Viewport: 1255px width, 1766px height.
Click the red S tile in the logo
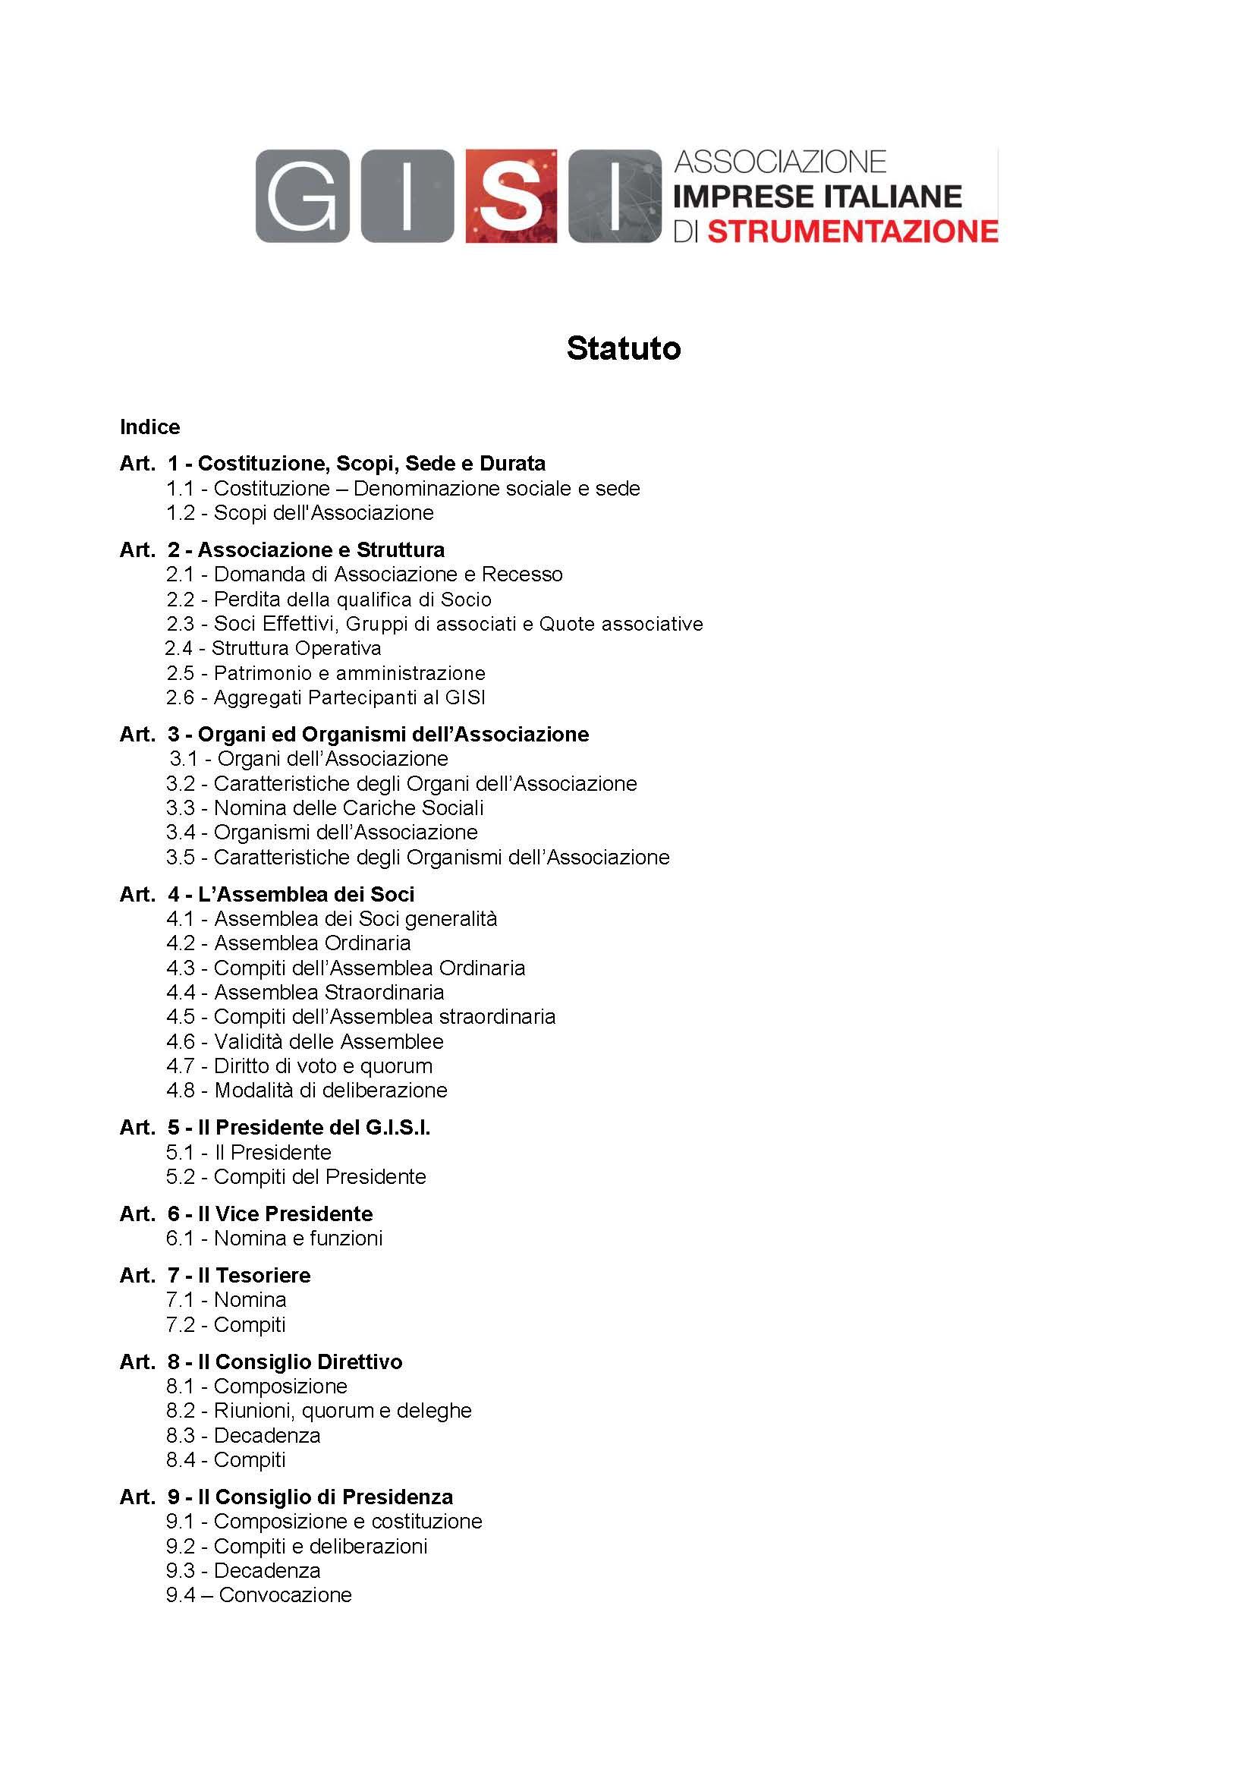[511, 197]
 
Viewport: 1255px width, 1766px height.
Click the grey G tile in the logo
[302, 197]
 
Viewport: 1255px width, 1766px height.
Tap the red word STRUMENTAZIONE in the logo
[852, 231]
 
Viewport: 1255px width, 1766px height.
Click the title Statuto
[624, 348]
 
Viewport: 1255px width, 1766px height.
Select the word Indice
[150, 427]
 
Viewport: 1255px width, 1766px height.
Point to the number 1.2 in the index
[181, 513]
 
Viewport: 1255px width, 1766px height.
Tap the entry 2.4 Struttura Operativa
[274, 648]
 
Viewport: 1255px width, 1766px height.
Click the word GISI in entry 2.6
[465, 698]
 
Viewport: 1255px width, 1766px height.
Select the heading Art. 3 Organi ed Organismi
[354, 734]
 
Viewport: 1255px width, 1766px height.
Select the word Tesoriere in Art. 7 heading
[263, 1275]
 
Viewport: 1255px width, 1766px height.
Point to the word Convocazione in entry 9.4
[285, 1595]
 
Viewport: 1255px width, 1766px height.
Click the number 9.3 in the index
[181, 1571]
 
